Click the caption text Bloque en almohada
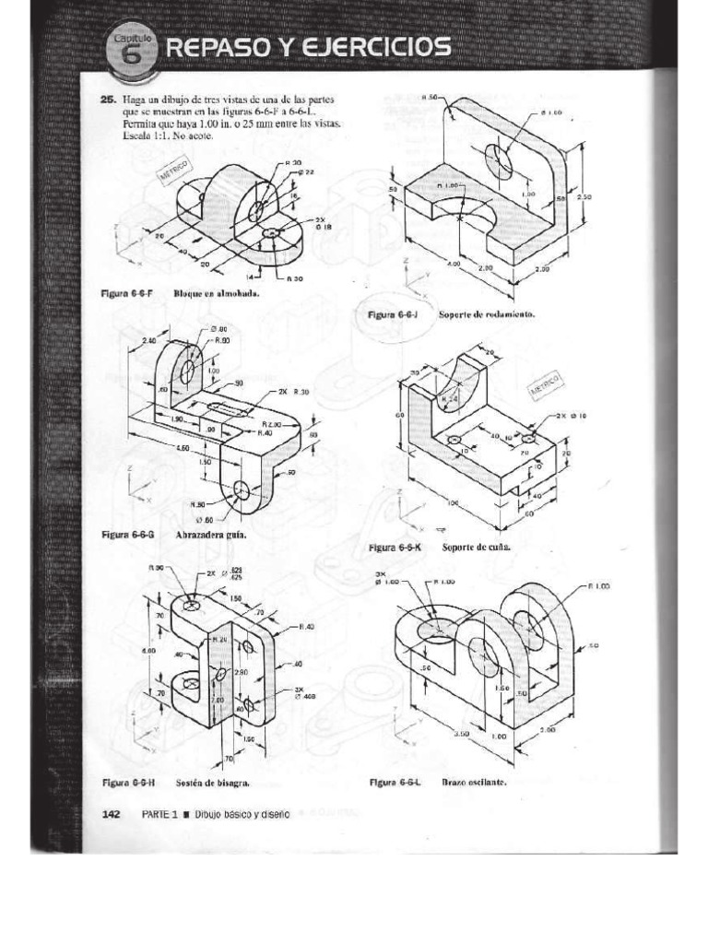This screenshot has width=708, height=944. (x=213, y=295)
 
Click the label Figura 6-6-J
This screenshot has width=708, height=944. (x=394, y=313)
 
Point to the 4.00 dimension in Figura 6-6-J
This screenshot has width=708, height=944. (x=453, y=264)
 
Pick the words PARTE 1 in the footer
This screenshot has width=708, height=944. (x=159, y=815)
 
